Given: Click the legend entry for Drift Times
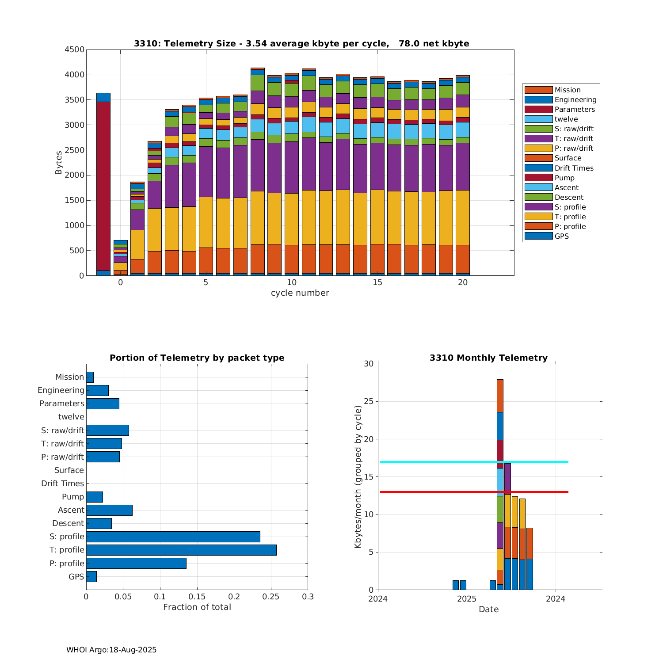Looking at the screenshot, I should click(x=574, y=168).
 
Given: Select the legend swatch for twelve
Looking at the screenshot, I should click(x=538, y=119).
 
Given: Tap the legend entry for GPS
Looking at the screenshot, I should click(x=561, y=236).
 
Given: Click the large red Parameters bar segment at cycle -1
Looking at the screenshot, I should click(x=103, y=186).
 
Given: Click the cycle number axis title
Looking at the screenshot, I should click(x=300, y=293).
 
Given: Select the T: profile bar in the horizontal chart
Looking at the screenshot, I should click(x=181, y=550).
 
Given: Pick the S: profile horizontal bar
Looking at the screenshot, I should click(x=173, y=537).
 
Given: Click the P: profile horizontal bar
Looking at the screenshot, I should click(x=136, y=563).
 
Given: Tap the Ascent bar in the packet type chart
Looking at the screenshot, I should click(x=109, y=510).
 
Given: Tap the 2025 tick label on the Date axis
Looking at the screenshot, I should click(x=466, y=599).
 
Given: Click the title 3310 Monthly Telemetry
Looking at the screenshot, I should click(x=488, y=358).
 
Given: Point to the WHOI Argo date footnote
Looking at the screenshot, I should click(x=111, y=650).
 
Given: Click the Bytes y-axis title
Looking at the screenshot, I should click(x=58, y=163).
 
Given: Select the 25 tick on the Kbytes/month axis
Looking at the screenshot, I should click(x=369, y=401).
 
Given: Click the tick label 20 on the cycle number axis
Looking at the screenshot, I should click(x=462, y=282).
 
